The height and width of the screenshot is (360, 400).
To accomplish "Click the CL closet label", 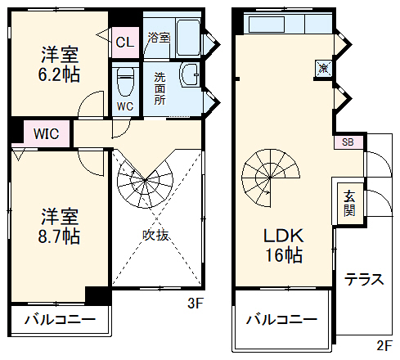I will tap(125, 42).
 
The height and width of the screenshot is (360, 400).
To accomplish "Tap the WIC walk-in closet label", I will tap(46, 133).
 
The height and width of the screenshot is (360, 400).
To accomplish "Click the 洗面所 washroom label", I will tap(160, 88).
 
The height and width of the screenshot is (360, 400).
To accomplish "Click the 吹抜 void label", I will tap(156, 236).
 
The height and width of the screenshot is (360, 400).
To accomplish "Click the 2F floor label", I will tap(385, 346).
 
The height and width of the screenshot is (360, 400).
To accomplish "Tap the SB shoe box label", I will tap(348, 142).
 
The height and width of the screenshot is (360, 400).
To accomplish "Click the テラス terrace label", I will tap(364, 278).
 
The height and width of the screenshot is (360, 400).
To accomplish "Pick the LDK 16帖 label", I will tap(282, 244).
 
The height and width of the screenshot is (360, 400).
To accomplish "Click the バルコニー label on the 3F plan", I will tap(59, 319).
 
